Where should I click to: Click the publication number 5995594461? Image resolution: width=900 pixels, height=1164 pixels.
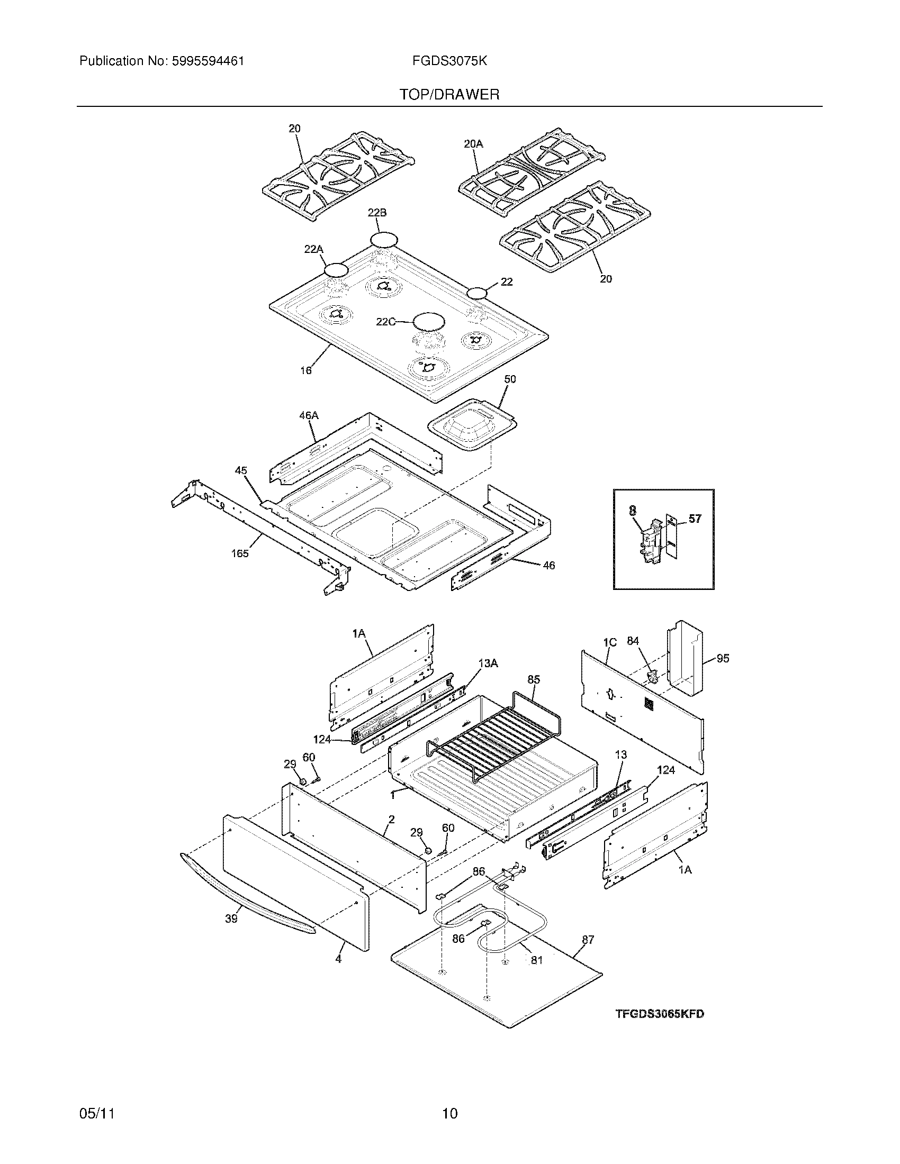[x=208, y=61]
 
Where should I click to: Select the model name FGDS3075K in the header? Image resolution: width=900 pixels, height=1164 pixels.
[x=449, y=61]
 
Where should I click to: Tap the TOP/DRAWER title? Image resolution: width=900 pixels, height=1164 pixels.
[x=449, y=95]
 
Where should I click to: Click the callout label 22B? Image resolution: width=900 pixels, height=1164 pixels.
[x=377, y=213]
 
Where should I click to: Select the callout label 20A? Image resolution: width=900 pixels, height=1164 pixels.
[x=473, y=143]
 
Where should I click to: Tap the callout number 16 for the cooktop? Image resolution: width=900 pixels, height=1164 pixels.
[x=305, y=370]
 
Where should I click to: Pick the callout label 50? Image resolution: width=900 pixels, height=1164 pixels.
[x=510, y=379]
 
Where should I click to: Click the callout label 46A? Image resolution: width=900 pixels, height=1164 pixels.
[x=309, y=415]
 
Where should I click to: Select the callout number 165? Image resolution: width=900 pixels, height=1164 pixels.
[x=240, y=553]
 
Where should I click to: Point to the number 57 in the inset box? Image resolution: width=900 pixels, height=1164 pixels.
[x=695, y=518]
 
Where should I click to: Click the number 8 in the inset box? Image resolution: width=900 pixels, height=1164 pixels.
[x=632, y=510]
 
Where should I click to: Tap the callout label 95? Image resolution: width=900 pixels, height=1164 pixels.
[x=723, y=658]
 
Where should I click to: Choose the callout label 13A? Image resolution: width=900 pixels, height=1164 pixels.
[x=489, y=663]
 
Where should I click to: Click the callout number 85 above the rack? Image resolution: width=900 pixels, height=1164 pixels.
[x=534, y=679]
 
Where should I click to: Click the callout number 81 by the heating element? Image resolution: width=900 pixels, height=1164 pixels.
[x=536, y=960]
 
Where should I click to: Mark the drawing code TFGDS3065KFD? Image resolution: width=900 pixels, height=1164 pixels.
[x=660, y=1014]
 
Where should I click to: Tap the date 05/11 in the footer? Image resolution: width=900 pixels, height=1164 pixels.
[x=97, y=1110]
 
